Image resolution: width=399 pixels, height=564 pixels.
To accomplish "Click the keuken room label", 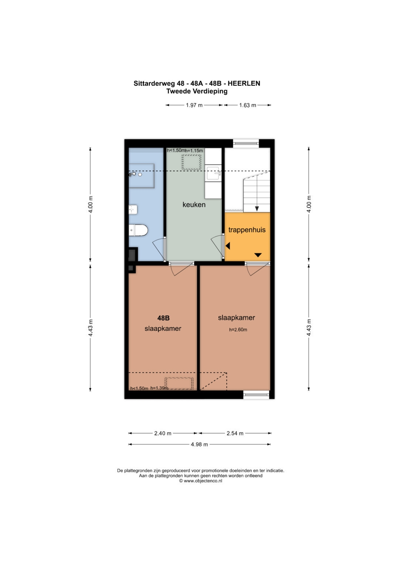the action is [194, 205].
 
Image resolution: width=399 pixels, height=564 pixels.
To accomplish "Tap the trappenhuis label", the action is [247, 230].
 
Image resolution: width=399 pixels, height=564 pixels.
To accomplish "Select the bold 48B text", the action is [163, 318].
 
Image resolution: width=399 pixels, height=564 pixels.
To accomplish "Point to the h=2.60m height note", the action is [238, 329].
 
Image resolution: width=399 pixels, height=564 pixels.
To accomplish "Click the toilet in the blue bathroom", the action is [138, 230].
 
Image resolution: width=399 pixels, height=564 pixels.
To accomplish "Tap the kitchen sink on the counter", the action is [213, 173].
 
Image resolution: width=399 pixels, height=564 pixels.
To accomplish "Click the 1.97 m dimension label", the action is [194, 105].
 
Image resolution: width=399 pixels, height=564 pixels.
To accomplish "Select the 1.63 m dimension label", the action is [248, 105].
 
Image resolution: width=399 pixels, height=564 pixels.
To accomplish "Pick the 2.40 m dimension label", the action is [163, 433].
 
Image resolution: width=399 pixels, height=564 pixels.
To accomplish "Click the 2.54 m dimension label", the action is [235, 433].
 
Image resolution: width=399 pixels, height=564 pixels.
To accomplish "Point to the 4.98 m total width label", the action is [199, 444].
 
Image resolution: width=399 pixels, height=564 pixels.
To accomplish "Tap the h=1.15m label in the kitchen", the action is [194, 151].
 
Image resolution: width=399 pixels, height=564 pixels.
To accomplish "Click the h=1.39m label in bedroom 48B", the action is [159, 388].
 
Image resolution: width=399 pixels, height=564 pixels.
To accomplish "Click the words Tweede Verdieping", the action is [197, 91].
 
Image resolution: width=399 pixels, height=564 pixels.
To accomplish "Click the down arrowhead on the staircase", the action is [257, 209].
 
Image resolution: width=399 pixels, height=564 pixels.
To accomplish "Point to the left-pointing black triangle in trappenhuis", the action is [228, 246].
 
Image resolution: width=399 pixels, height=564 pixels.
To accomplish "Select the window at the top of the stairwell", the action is [246, 143].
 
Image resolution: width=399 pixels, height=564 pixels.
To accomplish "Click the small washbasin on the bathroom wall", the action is [133, 209].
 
